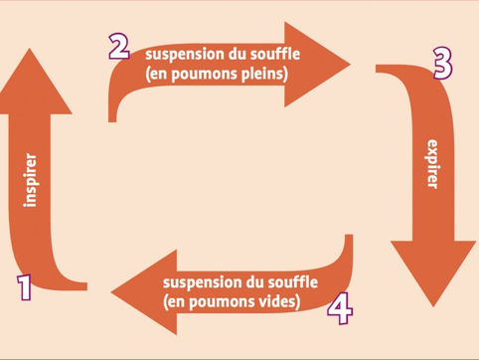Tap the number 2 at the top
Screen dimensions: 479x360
coord(119,46)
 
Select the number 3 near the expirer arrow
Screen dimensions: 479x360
coord(442,64)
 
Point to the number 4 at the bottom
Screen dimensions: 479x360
coord(341,309)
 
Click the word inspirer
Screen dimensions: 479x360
coord(31,179)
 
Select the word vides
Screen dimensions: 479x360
coord(279,299)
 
